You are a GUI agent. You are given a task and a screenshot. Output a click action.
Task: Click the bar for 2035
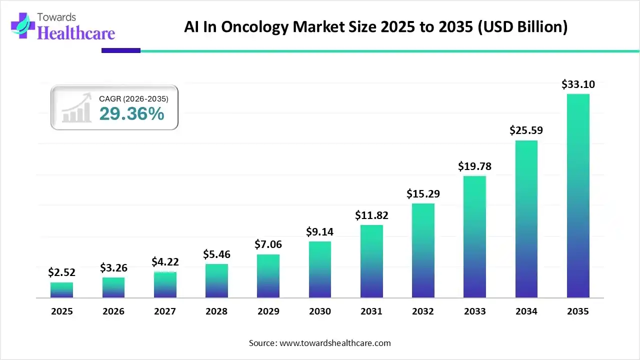coord(578,195)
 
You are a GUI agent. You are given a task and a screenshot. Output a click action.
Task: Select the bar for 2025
coord(61,290)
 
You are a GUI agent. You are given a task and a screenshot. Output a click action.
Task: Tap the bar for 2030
coord(320,269)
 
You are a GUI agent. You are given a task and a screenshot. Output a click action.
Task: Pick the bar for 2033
coord(474,237)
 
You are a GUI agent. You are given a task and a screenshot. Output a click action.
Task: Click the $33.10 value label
coord(578,84)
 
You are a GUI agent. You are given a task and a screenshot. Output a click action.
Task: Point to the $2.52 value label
coord(61,272)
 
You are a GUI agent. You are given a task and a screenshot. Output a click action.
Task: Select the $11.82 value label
coord(371,215)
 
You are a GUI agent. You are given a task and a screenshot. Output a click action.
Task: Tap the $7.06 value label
coord(268,244)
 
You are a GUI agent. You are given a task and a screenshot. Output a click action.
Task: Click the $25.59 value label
coord(526,130)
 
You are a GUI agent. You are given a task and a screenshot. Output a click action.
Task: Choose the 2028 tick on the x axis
coord(216,311)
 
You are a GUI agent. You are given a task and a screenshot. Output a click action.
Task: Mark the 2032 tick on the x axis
coord(423,311)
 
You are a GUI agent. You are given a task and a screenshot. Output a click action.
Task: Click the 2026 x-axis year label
coord(113,311)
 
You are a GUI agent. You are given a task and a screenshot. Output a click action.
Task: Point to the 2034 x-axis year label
coord(526,311)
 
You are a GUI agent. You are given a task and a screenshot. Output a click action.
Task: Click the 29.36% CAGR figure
coord(131,114)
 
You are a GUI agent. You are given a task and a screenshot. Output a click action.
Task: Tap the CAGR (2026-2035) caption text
coord(133,99)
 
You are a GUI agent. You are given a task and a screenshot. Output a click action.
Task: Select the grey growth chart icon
coord(76,108)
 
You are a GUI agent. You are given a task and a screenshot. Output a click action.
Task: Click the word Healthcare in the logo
coord(76,33)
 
